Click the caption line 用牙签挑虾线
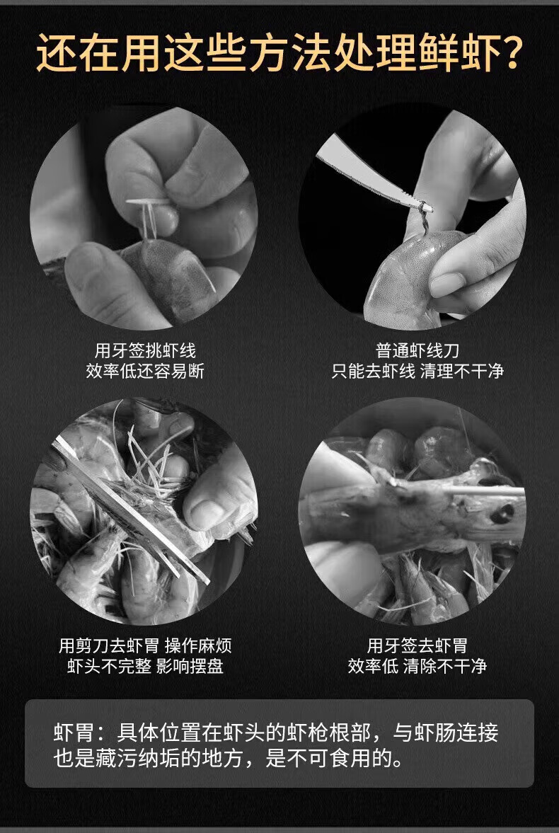coord(145,350)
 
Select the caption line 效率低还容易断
coord(145,371)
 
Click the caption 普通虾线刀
coord(417,350)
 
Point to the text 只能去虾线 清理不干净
coord(417,371)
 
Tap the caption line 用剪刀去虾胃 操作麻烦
coord(145,646)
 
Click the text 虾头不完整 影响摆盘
coord(145,666)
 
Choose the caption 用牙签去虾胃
coord(417,646)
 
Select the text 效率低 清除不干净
coord(417,666)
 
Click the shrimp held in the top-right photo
coord(409,276)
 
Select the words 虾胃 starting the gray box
coord(74,733)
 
